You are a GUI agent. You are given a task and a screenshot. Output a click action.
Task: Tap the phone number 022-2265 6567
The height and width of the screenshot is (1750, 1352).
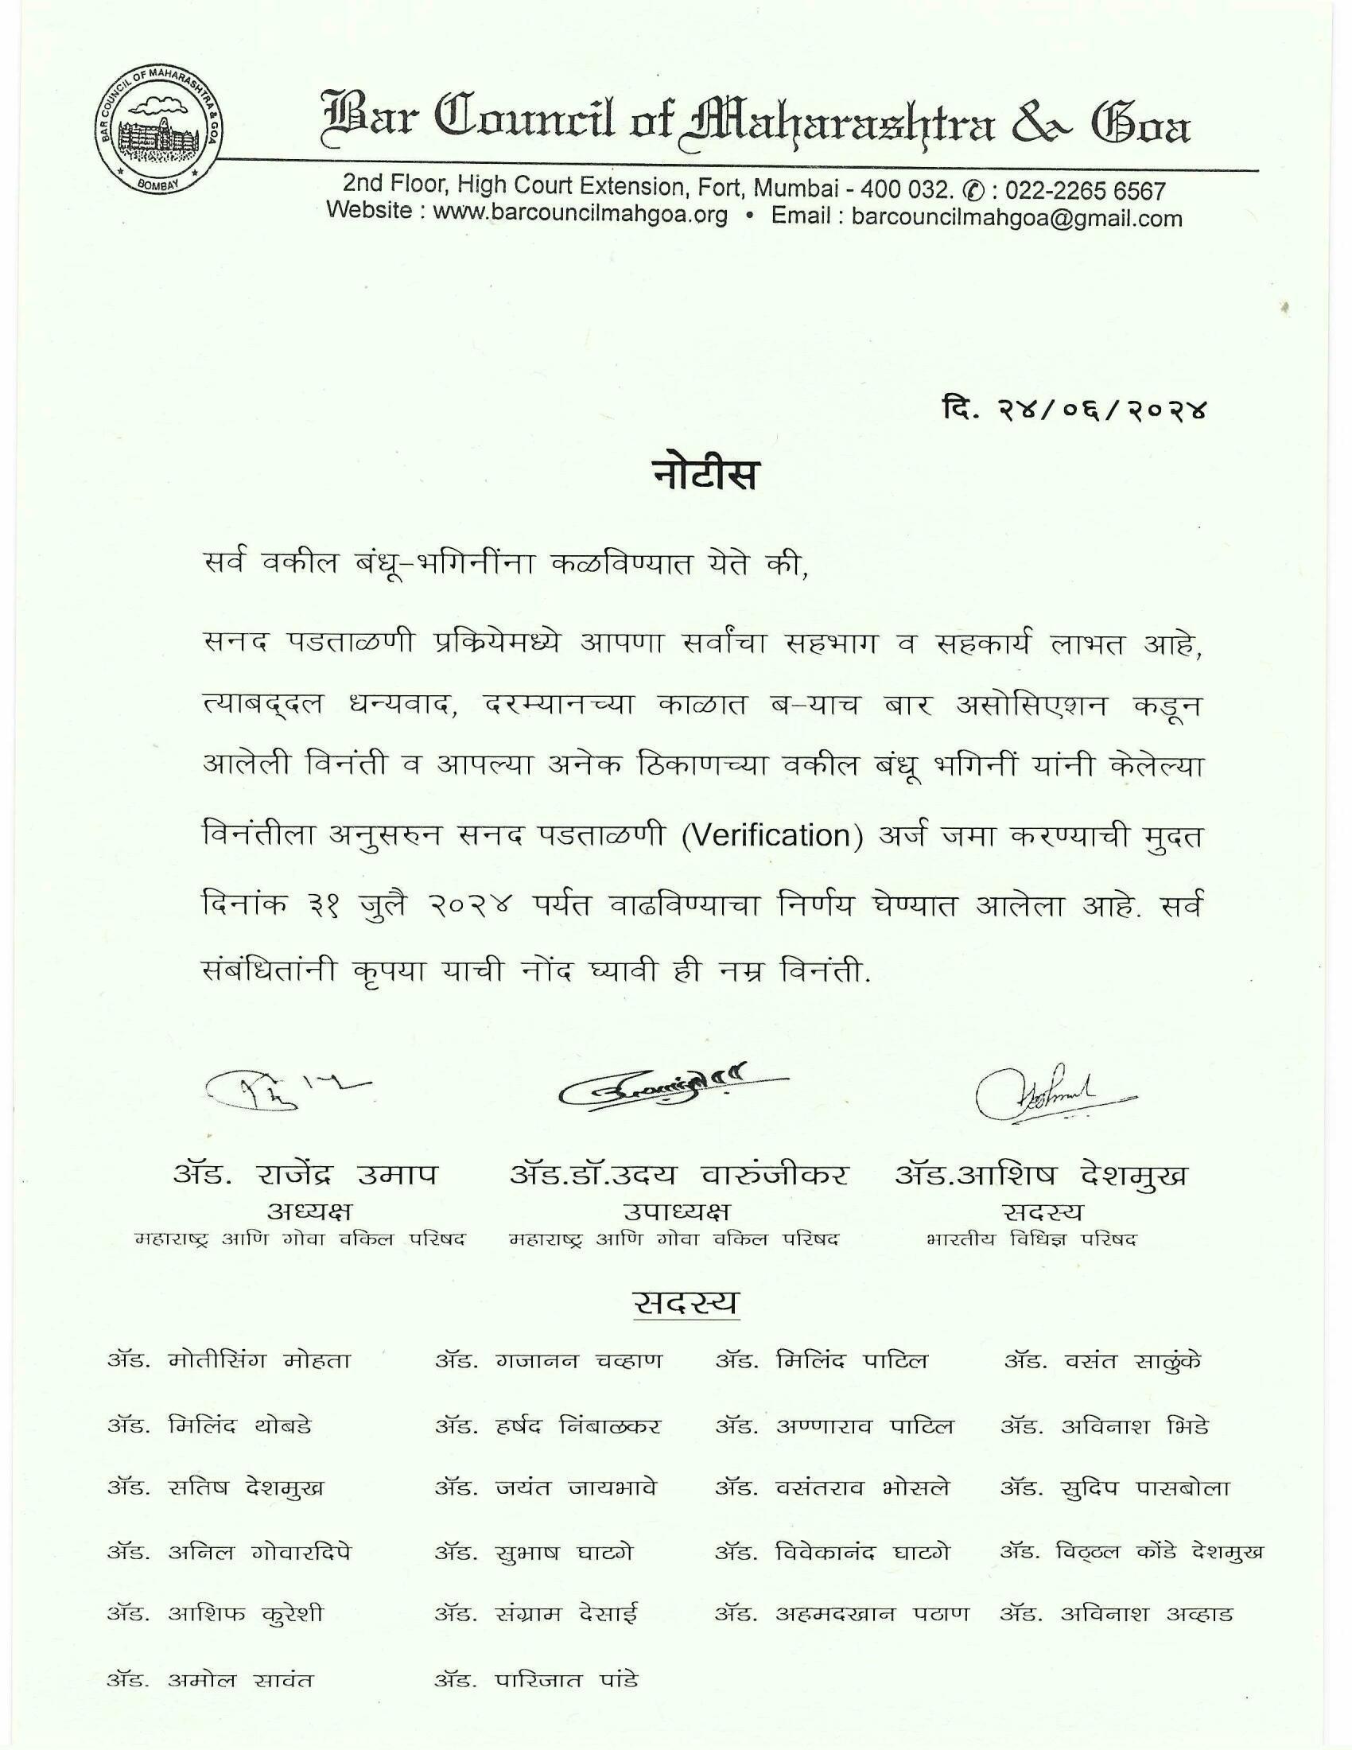click(1086, 192)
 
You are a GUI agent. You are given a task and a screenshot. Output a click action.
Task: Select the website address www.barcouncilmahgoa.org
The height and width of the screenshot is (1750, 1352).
click(580, 216)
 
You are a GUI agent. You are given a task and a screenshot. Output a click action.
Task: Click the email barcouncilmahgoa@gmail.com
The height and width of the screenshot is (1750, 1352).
click(1016, 218)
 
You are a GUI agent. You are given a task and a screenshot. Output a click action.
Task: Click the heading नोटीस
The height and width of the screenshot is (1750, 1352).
click(701, 475)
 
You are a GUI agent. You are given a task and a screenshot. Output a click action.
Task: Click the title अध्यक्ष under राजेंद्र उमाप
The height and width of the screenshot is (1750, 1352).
click(309, 1210)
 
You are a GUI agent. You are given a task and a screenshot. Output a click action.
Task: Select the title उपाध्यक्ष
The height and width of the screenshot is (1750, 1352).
click(676, 1210)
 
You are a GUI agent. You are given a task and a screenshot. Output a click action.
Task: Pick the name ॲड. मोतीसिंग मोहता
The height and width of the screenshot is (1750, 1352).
click(229, 1360)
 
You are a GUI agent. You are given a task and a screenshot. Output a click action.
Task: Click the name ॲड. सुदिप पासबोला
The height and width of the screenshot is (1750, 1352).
click(1114, 1489)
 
